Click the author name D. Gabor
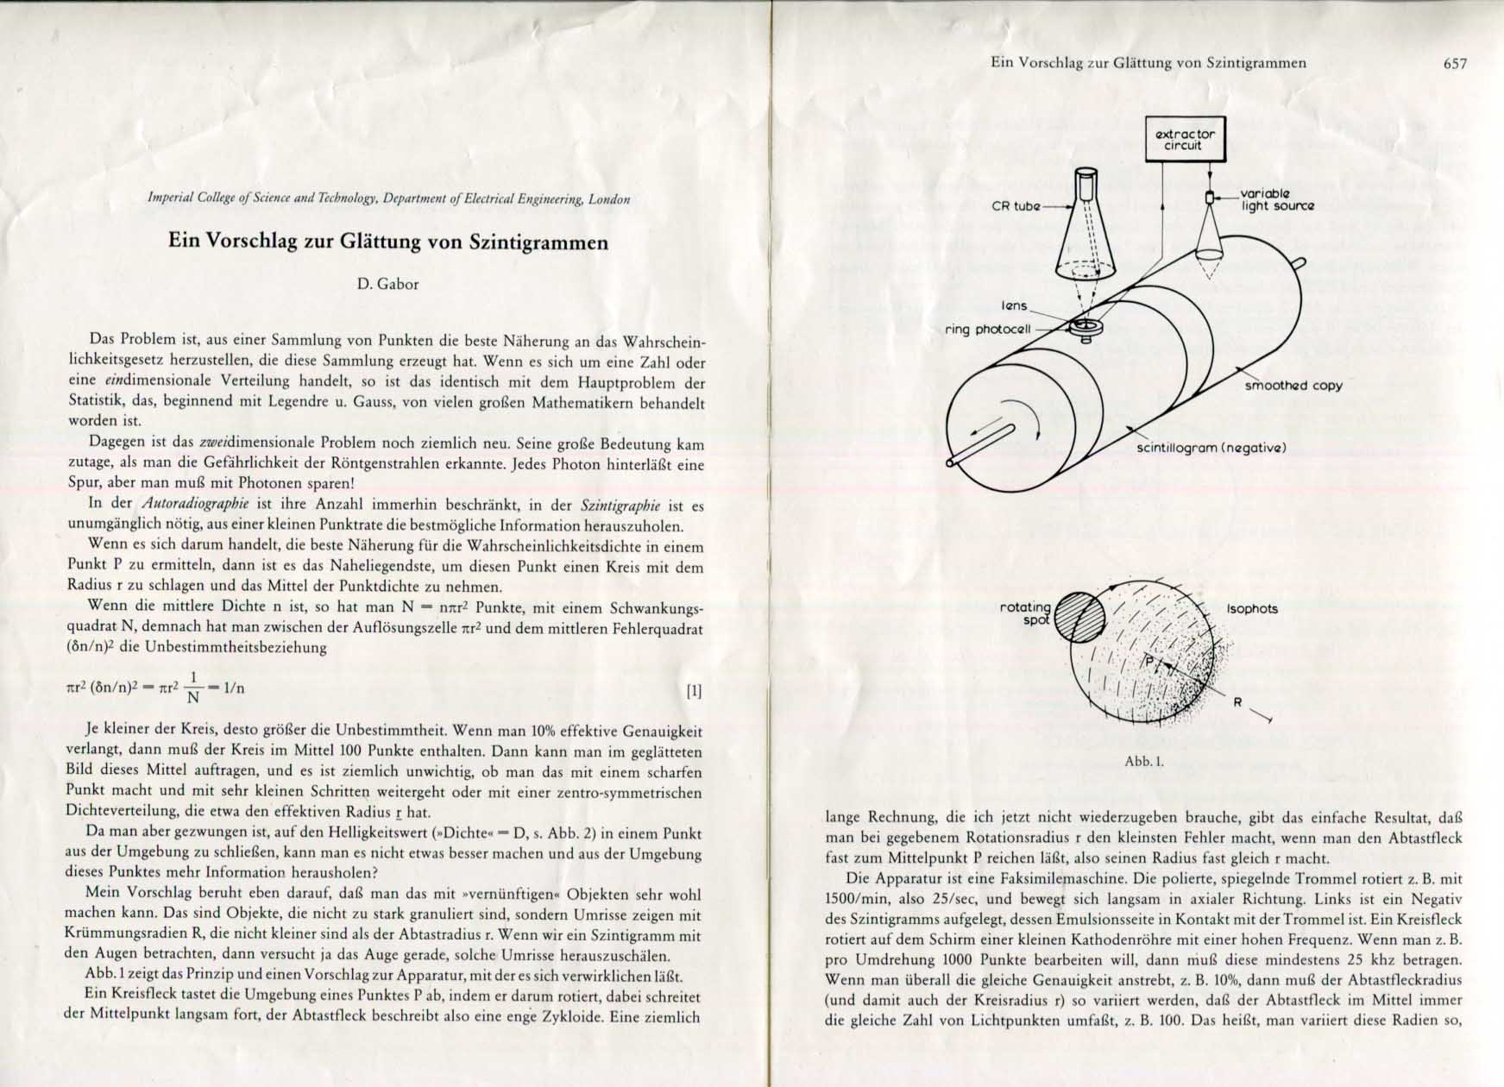(x=387, y=285)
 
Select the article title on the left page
(x=387, y=242)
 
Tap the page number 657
(x=1454, y=63)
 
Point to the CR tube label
(x=1016, y=207)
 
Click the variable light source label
(x=1277, y=200)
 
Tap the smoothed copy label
(x=1293, y=386)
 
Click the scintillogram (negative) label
(x=1211, y=448)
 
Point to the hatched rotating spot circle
(x=1079, y=616)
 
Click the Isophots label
(x=1252, y=609)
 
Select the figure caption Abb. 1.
(x=1144, y=762)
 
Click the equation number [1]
(x=693, y=690)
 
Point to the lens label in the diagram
(x=1014, y=306)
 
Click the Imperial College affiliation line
(x=389, y=199)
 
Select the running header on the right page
(x=1148, y=63)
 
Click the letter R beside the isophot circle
(x=1237, y=702)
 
